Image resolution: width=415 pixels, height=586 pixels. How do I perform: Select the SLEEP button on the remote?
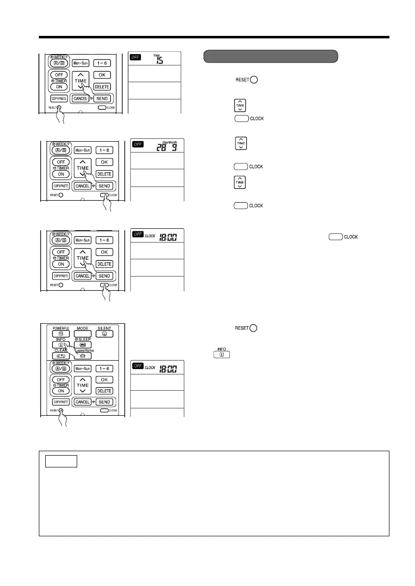83,344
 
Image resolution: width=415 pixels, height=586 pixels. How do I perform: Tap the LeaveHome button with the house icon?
83,355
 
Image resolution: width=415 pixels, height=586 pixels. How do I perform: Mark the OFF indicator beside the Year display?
136,57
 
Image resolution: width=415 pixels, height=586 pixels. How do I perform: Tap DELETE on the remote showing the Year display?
102,87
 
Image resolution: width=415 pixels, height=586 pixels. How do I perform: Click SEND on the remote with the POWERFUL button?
104,402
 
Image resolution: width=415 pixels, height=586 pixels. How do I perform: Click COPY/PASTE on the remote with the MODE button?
59,402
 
